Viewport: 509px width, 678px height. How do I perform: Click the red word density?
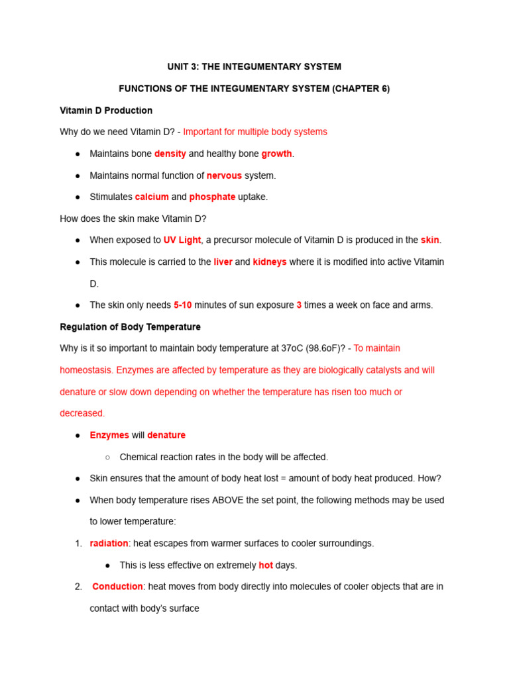(170, 154)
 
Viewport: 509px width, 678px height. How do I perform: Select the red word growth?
(276, 154)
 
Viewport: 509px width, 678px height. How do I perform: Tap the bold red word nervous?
(224, 175)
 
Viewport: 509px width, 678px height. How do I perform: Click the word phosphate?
(212, 197)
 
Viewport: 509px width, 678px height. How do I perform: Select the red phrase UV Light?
(182, 240)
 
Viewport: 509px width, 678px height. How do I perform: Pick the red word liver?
(223, 262)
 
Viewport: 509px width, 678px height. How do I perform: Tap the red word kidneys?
(270, 262)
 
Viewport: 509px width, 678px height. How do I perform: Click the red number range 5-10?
(182, 305)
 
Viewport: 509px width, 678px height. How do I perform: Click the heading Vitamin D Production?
(106, 111)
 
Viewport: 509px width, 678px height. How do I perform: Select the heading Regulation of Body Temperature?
(130, 327)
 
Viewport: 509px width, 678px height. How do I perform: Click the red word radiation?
(109, 544)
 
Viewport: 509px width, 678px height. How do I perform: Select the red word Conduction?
(117, 587)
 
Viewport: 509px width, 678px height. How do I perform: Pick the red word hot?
(266, 565)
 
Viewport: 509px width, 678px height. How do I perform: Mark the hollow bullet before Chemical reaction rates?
(108, 457)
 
